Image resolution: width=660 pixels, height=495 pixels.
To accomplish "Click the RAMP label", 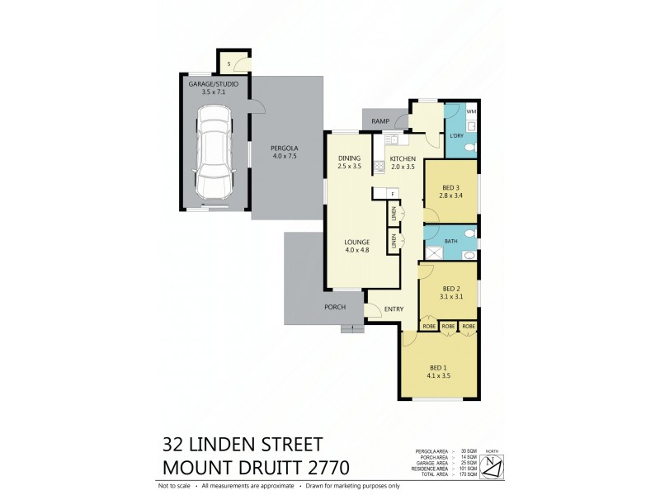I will [380, 122].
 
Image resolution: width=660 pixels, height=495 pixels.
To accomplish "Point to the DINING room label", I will [350, 158].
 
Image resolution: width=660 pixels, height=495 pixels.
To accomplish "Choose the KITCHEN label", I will [403, 158].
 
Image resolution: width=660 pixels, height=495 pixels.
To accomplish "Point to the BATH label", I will [451, 241].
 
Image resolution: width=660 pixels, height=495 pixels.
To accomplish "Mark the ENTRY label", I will [394, 309].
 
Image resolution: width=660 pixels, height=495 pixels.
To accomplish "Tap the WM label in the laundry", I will [471, 111].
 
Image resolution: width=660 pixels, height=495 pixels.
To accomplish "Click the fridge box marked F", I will [393, 194].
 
